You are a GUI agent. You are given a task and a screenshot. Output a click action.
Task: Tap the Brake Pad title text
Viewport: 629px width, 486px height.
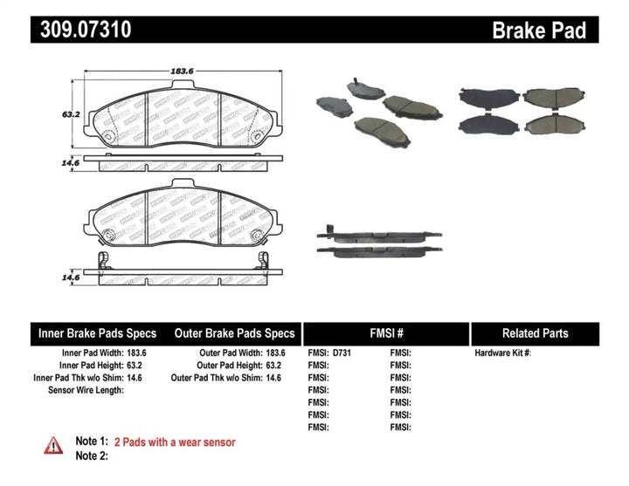(551, 31)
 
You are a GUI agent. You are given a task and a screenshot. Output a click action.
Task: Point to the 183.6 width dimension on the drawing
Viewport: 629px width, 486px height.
(181, 72)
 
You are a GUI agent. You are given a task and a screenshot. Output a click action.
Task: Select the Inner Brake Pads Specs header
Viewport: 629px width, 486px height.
(97, 333)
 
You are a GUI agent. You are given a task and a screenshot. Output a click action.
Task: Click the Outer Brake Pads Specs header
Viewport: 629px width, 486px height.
(234, 333)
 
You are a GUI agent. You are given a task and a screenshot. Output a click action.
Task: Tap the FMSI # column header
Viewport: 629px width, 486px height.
(385, 333)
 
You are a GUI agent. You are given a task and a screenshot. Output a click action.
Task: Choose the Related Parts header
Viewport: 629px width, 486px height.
(535, 333)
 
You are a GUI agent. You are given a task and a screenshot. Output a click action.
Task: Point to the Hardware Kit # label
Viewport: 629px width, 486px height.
(502, 353)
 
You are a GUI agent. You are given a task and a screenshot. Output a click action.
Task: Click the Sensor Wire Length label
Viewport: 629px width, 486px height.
(86, 390)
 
